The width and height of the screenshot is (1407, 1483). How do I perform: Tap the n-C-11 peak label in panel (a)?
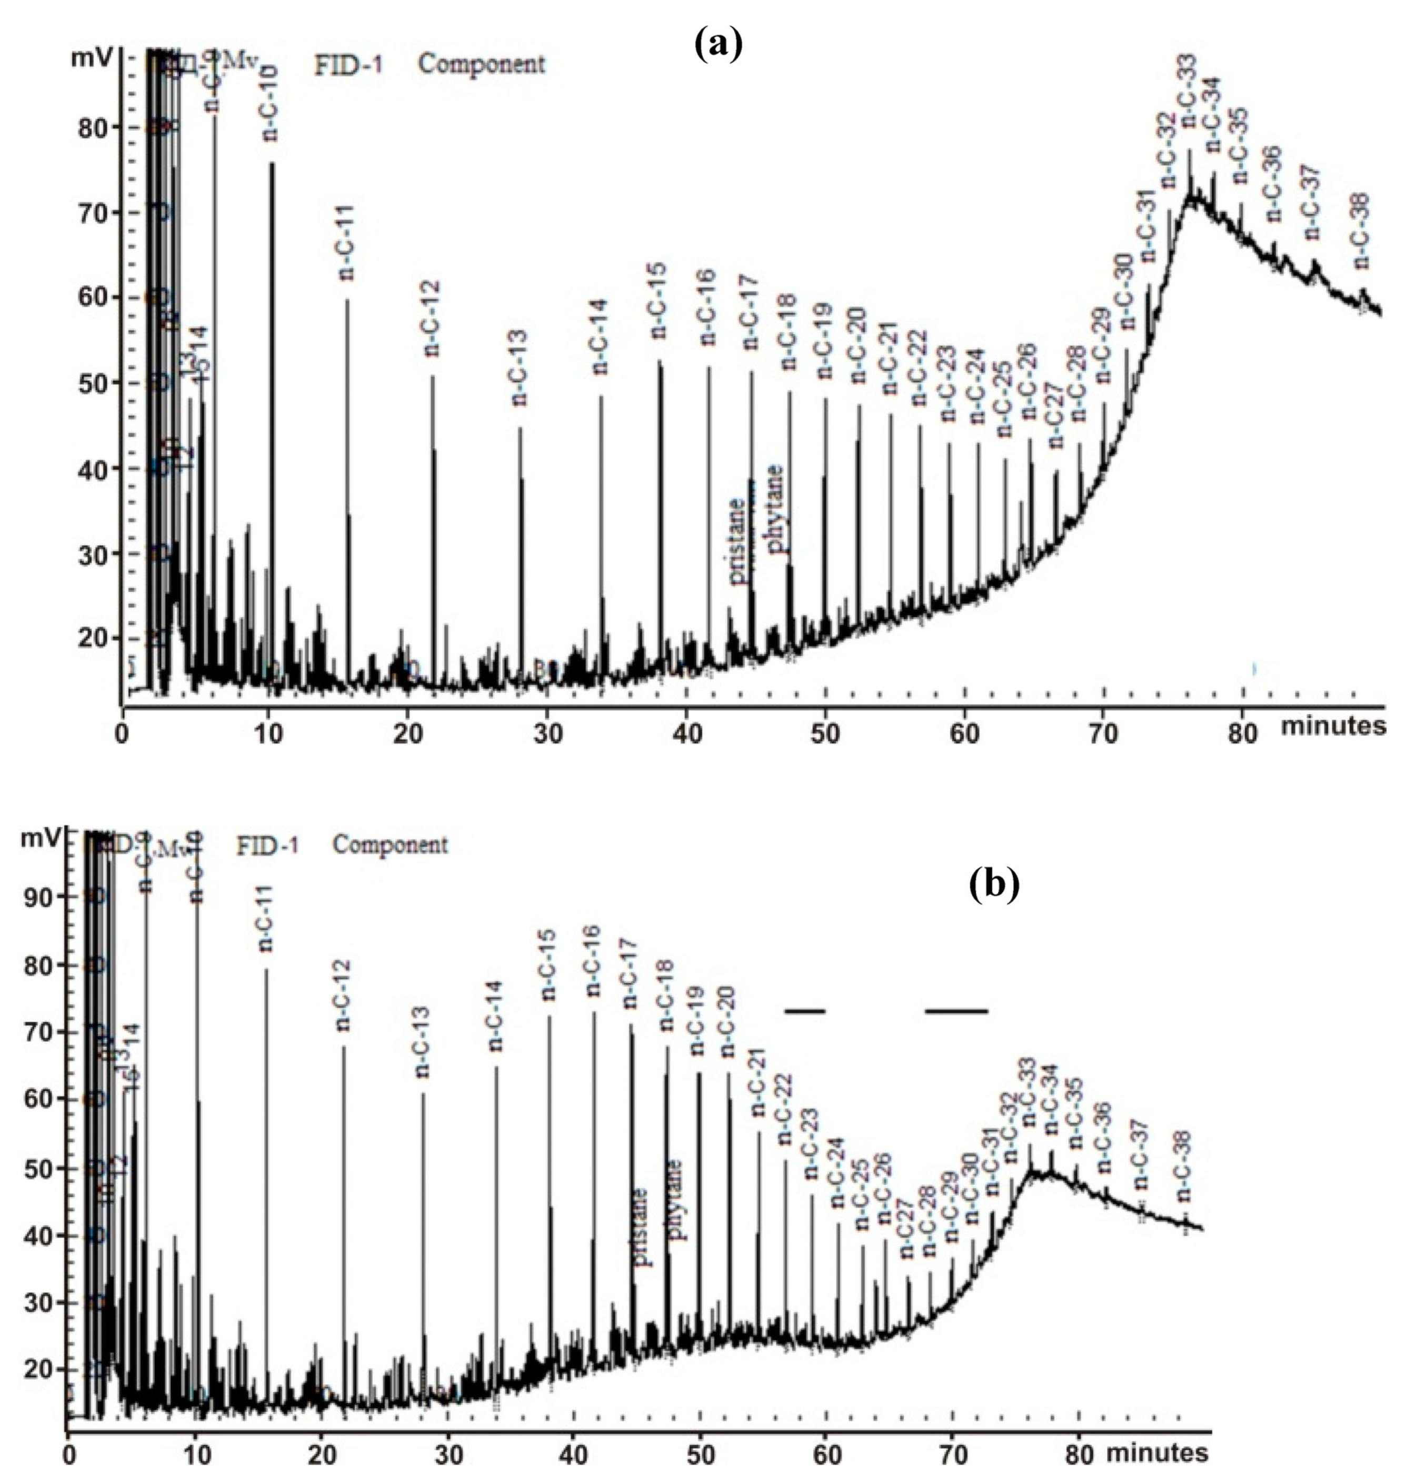coord(346,242)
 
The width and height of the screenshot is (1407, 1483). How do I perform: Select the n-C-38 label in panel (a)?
coord(1361,231)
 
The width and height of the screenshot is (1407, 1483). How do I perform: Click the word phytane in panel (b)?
coord(675,1199)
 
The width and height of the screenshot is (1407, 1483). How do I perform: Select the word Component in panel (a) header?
coord(482,65)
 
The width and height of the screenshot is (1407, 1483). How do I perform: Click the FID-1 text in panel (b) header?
coord(268,845)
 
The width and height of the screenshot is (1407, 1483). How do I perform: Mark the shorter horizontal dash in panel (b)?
coord(805,1010)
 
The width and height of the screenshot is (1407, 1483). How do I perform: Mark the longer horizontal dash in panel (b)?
coord(956,1010)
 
